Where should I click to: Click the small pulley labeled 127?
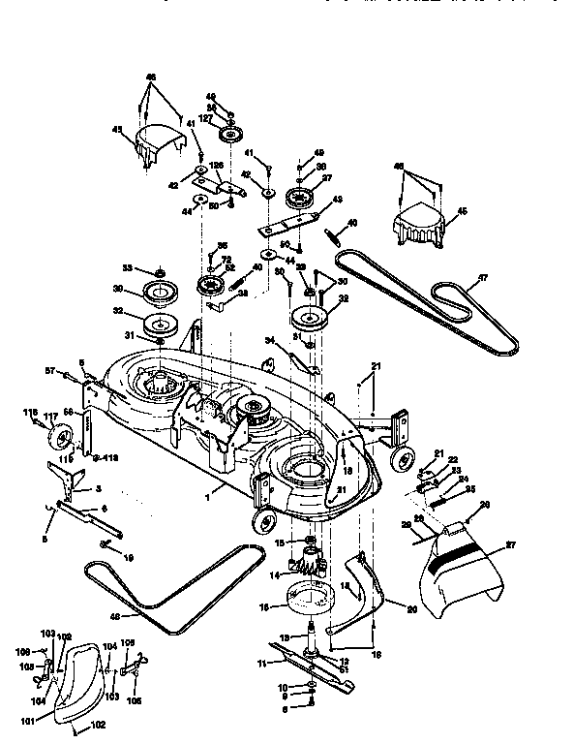231,133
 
